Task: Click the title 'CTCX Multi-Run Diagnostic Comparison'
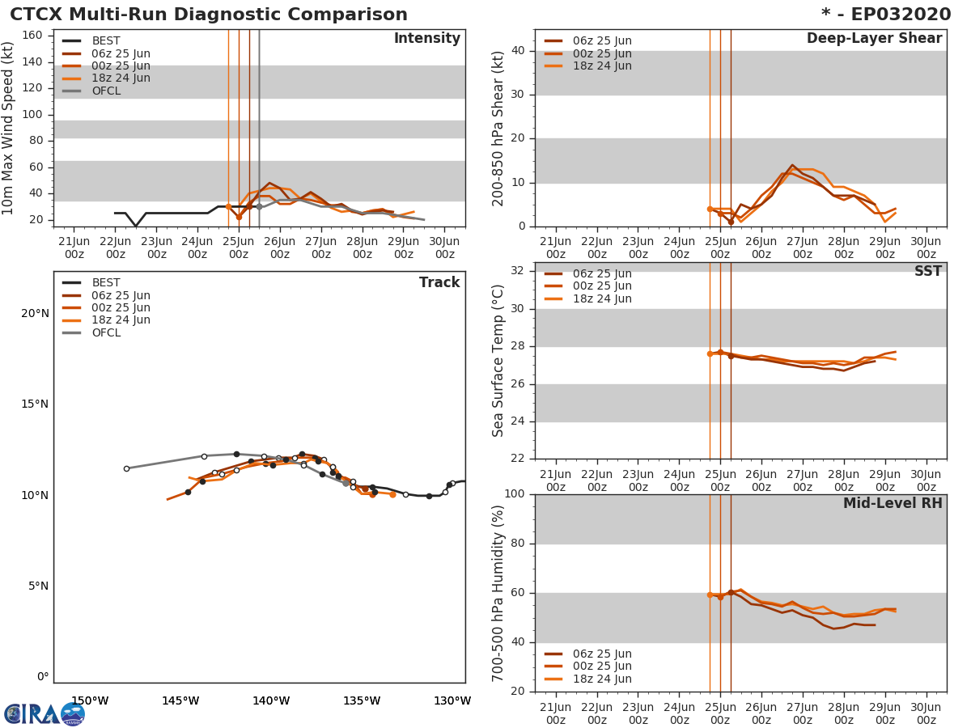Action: [x=209, y=15]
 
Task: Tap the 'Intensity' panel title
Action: [x=426, y=39]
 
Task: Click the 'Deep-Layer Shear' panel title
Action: [x=874, y=39]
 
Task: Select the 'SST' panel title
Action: [x=927, y=272]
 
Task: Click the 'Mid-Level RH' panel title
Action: [x=892, y=504]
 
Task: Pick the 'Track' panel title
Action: [x=439, y=282]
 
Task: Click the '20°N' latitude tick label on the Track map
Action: [x=35, y=314]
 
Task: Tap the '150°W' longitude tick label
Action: [x=90, y=700]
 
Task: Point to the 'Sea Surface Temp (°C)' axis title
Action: [x=499, y=361]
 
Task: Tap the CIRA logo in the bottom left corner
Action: [x=44, y=713]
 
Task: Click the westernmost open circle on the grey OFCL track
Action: [x=126, y=468]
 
